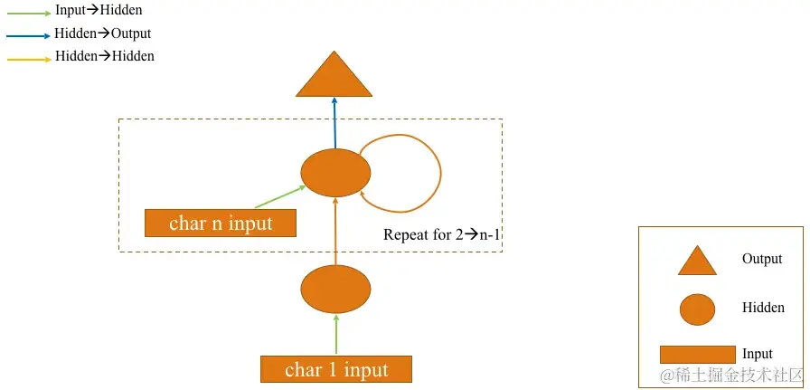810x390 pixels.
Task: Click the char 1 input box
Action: point(336,369)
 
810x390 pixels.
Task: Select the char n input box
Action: point(221,223)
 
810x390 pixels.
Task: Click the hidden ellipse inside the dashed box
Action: point(335,172)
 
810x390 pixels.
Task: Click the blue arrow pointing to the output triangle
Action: point(334,124)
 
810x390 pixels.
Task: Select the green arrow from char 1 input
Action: point(335,335)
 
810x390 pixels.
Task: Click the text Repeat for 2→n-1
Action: point(441,235)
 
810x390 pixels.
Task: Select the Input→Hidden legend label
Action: point(99,11)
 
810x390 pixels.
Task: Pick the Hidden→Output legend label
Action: point(103,33)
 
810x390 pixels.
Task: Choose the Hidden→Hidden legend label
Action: point(105,56)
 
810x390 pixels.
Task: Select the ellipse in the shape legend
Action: point(697,309)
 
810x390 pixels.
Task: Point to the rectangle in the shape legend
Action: point(697,354)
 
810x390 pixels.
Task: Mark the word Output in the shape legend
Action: point(762,259)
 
